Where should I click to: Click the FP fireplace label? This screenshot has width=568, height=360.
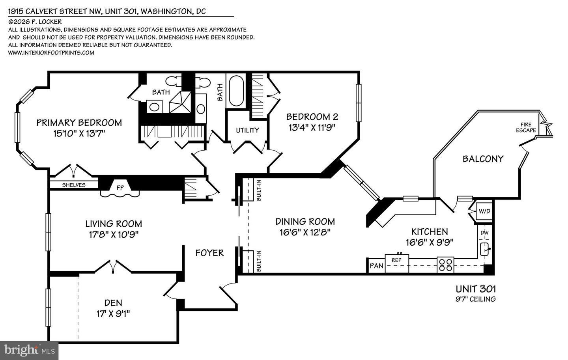[120, 188]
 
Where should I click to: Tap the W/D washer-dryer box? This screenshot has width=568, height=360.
[484, 211]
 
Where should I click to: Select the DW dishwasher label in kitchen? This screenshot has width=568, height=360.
[484, 233]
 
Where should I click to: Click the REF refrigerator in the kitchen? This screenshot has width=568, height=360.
[396, 260]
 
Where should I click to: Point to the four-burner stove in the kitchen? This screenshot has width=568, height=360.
[445, 265]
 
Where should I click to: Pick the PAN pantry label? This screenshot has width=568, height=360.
[376, 266]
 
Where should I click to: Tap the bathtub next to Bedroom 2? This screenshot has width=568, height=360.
[236, 90]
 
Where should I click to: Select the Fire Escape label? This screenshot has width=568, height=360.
[526, 127]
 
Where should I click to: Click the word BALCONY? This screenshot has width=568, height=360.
[483, 159]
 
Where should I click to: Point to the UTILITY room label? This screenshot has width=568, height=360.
[247, 130]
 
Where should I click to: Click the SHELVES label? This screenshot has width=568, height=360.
[74, 185]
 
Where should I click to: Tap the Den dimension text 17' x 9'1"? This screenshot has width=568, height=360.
[113, 314]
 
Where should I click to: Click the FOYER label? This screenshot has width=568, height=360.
[209, 253]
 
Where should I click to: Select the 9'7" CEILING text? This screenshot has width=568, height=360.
[475, 299]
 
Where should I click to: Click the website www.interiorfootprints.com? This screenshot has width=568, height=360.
[51, 52]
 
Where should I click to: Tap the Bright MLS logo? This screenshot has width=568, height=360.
[29, 349]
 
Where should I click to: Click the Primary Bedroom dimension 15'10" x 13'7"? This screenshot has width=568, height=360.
[79, 133]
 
